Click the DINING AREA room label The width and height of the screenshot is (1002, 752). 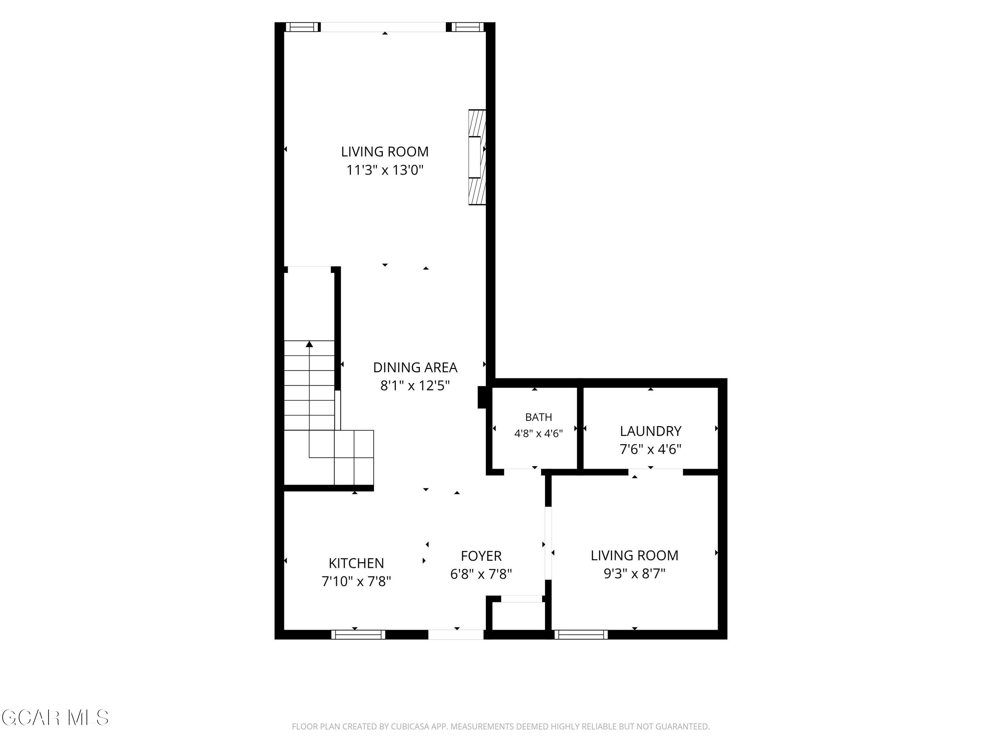pyautogui.click(x=415, y=367)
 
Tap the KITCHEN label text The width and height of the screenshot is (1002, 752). pyautogui.click(x=356, y=563)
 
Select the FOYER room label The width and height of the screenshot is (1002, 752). pyautogui.click(x=481, y=556)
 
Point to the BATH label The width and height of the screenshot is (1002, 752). pyautogui.click(x=539, y=417)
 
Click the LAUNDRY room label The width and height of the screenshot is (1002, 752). pyautogui.click(x=651, y=430)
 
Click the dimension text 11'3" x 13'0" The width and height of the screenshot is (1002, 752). pyautogui.click(x=384, y=170)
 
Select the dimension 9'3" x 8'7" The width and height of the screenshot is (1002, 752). pyautogui.click(x=634, y=574)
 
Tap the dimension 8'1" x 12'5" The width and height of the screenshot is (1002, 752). pyautogui.click(x=415, y=386)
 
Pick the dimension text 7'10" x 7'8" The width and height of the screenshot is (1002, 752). pyautogui.click(x=356, y=581)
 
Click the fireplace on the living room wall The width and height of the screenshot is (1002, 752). pyautogui.click(x=477, y=157)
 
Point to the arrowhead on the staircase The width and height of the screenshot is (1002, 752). pyautogui.click(x=309, y=344)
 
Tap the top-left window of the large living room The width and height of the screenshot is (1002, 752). pyautogui.click(x=303, y=27)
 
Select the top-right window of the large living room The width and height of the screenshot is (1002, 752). pyautogui.click(x=469, y=27)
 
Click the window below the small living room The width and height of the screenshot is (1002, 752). pyautogui.click(x=581, y=635)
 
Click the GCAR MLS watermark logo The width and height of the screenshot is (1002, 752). pyautogui.click(x=55, y=718)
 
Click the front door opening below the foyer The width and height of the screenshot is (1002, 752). pyautogui.click(x=456, y=635)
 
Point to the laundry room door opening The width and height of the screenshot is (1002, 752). pyautogui.click(x=655, y=472)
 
